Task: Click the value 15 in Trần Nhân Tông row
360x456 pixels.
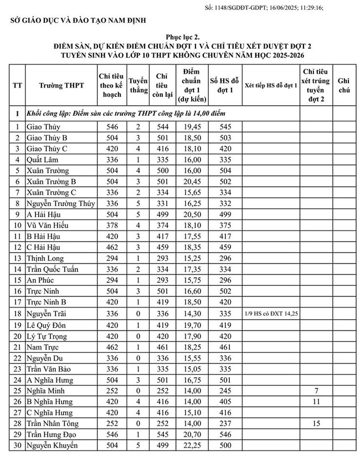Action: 317,423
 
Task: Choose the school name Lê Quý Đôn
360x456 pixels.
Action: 47,325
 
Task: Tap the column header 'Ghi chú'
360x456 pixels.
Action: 344,87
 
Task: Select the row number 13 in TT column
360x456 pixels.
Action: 17,259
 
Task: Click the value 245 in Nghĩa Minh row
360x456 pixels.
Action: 225,391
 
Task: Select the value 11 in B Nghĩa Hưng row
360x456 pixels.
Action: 317,401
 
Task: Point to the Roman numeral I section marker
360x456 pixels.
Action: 17,113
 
